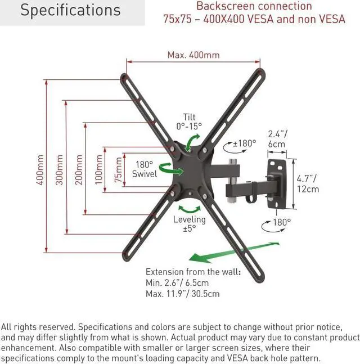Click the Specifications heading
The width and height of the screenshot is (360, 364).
70,10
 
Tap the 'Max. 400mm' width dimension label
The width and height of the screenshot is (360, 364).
193,55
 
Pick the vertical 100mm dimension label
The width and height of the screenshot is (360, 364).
99,168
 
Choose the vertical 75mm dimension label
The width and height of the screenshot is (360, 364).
119,169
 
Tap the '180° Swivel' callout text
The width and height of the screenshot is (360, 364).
145,169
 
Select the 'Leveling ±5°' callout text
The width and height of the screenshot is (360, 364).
189,224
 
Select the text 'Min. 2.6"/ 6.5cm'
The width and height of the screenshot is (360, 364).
178,282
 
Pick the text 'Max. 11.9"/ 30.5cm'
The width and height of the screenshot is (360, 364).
182,293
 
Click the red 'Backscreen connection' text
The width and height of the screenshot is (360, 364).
254,6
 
